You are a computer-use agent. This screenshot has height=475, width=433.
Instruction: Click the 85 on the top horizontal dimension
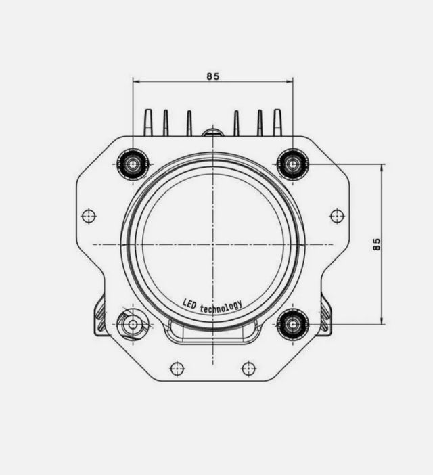click(213, 76)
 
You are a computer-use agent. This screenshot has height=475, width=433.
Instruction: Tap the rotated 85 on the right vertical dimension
click(377, 244)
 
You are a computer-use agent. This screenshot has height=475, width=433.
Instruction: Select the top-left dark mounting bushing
click(133, 164)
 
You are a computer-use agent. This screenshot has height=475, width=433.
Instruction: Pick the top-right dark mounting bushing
click(293, 164)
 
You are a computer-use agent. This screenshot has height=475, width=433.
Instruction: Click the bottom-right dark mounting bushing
click(293, 324)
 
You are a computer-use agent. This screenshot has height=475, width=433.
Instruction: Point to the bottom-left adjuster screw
click(133, 325)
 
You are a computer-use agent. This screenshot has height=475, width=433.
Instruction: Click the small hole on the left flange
click(89, 216)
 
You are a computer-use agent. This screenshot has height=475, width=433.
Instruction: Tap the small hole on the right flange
click(337, 216)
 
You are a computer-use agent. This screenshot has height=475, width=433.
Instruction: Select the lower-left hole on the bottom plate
click(177, 368)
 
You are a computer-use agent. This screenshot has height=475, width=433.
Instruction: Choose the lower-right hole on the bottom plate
click(249, 368)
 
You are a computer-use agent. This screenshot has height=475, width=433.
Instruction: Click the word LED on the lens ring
click(190, 304)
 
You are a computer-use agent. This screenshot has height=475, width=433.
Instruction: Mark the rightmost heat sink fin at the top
click(277, 122)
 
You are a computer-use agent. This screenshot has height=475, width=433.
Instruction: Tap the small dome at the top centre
click(212, 131)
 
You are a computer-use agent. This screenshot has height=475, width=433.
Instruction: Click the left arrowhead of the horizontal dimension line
click(136, 82)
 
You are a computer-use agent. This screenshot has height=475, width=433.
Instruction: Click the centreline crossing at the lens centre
click(213, 244)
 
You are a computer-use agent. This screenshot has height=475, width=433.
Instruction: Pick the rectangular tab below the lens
click(212, 334)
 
